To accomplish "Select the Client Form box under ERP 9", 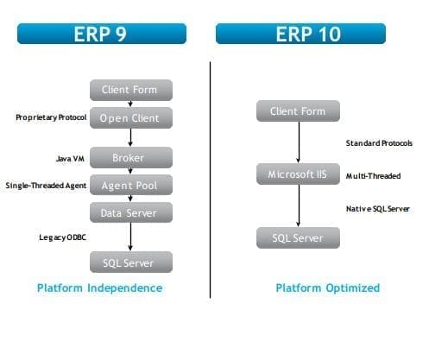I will pos(130,90).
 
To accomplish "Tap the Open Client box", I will pos(130,117).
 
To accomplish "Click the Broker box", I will pos(130,158).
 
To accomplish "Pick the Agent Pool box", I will pos(130,185).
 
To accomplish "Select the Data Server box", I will pos(130,212).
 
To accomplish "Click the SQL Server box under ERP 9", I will pos(130,261).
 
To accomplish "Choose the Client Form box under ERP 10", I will pos(298,111).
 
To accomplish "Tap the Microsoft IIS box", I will pos(298,174).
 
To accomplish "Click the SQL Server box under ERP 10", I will pos(298,237).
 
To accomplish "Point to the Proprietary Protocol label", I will pos(50,117).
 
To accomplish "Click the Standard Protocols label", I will pos(379,142).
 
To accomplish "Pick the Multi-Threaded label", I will pos(373,175).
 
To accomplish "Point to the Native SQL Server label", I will pos(377,208).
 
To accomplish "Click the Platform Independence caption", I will pos(99,287).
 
